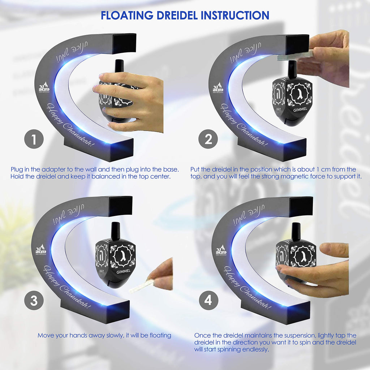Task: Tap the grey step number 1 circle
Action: [x=34, y=139]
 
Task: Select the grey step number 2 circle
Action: [x=209, y=139]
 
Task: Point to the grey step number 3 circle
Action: [x=34, y=301]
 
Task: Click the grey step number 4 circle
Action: [x=209, y=301]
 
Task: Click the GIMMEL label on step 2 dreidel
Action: [x=301, y=109]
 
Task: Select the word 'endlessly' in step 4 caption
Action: [x=256, y=350]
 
